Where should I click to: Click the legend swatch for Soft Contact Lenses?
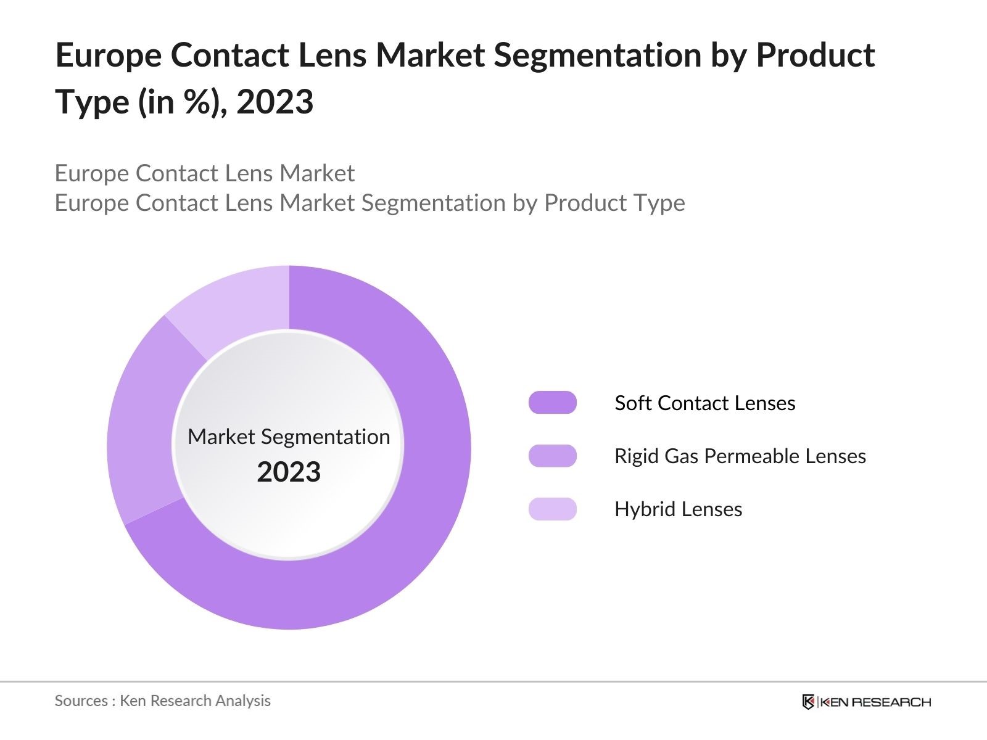[x=552, y=403]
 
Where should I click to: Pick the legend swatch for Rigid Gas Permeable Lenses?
[x=552, y=456]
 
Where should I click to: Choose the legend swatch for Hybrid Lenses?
[x=552, y=509]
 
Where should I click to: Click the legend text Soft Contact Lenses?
[x=704, y=403]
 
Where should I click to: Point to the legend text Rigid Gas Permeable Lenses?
[x=740, y=456]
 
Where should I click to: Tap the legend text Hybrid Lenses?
[x=678, y=509]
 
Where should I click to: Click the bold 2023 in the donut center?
[x=289, y=472]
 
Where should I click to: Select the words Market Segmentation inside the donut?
[x=289, y=437]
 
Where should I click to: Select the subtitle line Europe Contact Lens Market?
[x=204, y=173]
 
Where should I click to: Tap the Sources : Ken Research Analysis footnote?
[x=162, y=701]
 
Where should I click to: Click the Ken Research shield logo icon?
[x=808, y=702]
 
